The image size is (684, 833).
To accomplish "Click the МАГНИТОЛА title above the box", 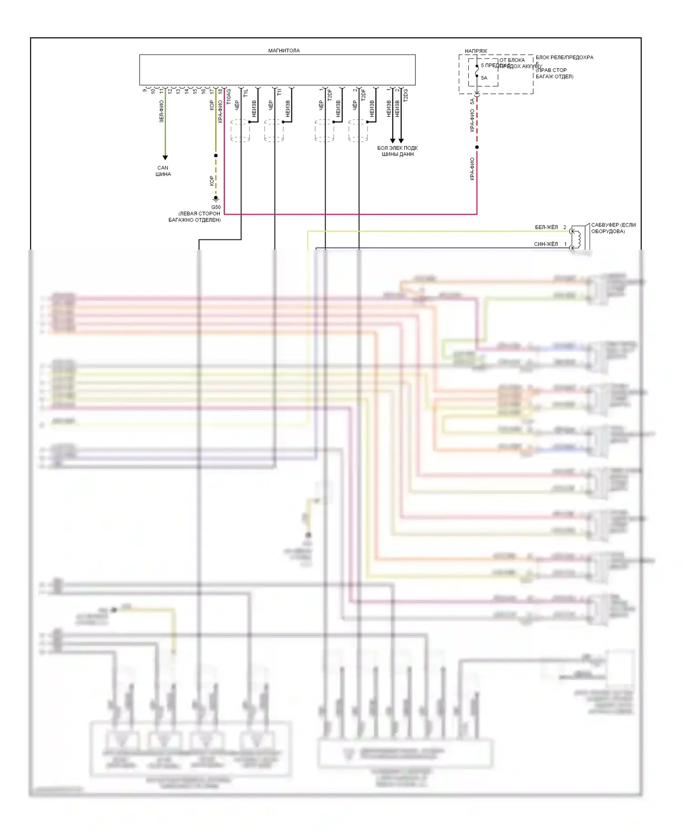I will tap(284, 51).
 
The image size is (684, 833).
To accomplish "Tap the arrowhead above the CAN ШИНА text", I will tap(165, 158).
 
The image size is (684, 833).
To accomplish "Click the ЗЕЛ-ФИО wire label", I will tap(161, 112).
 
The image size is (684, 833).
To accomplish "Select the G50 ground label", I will tap(216, 207).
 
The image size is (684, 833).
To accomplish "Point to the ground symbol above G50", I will tap(216, 199).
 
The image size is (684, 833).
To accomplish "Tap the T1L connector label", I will tap(246, 93).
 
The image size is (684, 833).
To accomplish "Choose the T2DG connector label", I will tap(406, 96).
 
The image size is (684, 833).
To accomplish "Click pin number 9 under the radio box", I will tap(145, 90).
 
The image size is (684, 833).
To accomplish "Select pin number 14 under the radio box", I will tap(187, 91).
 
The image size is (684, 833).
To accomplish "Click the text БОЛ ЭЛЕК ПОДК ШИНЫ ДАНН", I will tap(397, 151).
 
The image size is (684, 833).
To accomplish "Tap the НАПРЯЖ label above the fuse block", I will tap(476, 51).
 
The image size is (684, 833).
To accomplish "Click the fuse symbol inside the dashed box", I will tap(477, 72).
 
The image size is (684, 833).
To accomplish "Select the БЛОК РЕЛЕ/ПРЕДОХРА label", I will tap(564, 57).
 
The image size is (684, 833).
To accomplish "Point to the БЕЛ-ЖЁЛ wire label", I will tap(546, 227).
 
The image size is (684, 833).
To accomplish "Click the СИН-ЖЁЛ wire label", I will tap(546, 244).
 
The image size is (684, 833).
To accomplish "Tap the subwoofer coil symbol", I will tap(578, 237).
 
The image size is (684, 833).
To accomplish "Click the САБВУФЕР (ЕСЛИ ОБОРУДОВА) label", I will tap(613, 228).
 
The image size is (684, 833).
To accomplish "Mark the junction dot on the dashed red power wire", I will tap(477, 147).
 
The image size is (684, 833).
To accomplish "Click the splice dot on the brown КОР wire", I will tap(216, 155).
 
